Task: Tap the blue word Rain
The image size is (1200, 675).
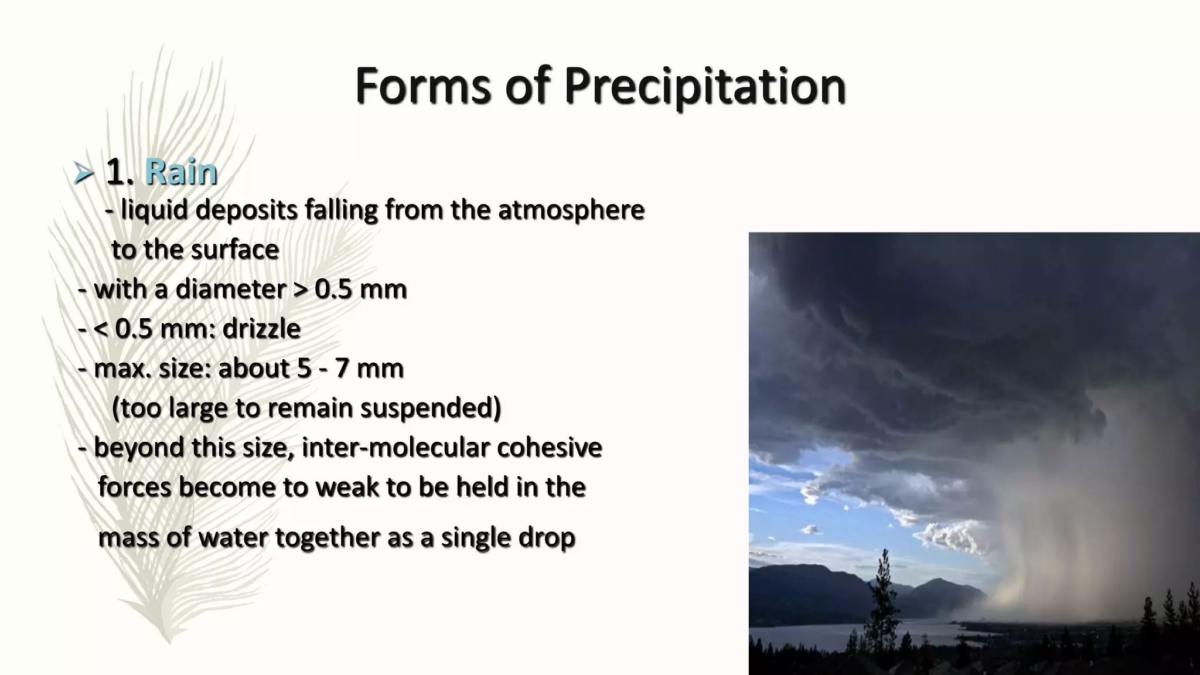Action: click(x=181, y=172)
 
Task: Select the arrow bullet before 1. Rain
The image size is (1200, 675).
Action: click(x=84, y=173)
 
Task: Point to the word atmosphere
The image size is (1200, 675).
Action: click(x=571, y=210)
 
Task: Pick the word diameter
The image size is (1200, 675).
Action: click(x=231, y=289)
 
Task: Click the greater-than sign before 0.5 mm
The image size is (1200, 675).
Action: click(x=300, y=289)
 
